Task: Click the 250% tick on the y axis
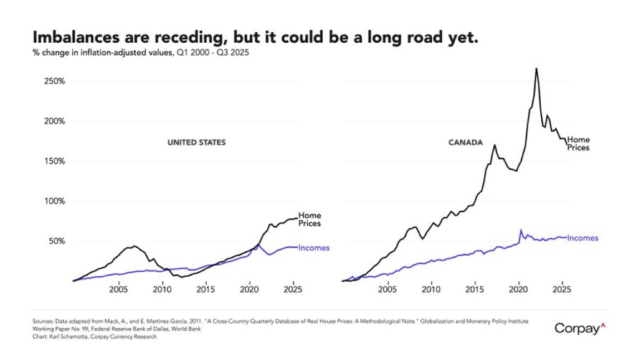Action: coord(54,81)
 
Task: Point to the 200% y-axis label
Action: coord(54,121)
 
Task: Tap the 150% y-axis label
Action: coord(54,161)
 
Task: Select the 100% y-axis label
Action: coord(54,201)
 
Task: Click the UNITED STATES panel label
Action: coord(197,143)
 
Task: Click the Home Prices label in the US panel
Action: coord(309,219)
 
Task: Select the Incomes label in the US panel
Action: coord(314,248)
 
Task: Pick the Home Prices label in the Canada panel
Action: coord(578,144)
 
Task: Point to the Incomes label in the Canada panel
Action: coord(582,238)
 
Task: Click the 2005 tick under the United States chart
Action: coord(118,289)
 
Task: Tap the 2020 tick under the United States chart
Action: coord(249,289)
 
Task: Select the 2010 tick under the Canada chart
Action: coord(431,289)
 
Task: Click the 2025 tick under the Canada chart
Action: coord(562,289)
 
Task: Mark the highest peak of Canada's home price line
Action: coord(536,68)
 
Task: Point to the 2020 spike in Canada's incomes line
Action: coord(521,229)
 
